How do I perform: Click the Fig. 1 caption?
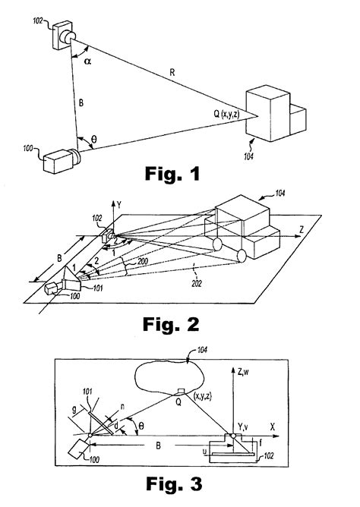[172, 175]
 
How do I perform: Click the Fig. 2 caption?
[172, 325]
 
